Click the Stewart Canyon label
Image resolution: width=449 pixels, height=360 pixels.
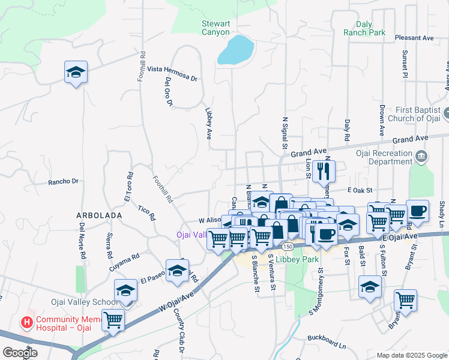click(x=215, y=28)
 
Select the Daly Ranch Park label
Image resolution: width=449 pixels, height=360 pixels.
click(x=364, y=28)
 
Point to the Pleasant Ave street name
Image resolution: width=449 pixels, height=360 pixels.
click(x=414, y=38)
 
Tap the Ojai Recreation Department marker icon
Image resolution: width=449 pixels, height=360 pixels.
click(x=421, y=157)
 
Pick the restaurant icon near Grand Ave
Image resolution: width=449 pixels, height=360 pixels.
click(x=324, y=171)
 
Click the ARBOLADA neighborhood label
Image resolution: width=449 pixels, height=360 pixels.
click(x=99, y=215)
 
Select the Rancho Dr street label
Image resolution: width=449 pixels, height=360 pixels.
click(x=64, y=181)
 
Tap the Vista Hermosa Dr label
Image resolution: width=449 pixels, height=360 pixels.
click(x=172, y=74)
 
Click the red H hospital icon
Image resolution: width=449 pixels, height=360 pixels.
click(x=27, y=322)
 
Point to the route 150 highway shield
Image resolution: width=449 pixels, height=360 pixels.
click(x=288, y=247)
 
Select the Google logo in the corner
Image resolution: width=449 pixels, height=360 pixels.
click(x=20, y=353)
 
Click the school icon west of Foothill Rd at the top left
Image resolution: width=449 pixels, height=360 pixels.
click(x=76, y=72)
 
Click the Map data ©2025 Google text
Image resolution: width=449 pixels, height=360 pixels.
click(x=411, y=355)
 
